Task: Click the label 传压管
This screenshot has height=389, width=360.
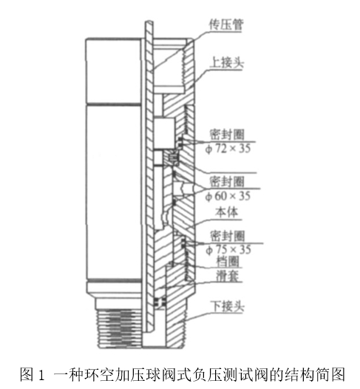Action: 226,24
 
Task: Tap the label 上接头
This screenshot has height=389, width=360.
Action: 226,62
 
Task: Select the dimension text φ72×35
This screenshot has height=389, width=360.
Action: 228,149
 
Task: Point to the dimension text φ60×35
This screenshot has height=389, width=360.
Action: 228,196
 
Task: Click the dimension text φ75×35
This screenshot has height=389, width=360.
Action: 228,249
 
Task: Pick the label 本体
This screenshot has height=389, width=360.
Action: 227,212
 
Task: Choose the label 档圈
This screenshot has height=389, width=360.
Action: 228,261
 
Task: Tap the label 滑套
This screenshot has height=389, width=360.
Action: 228,275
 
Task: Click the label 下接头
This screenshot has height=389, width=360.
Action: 227,306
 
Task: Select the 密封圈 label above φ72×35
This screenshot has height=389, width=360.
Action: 227,135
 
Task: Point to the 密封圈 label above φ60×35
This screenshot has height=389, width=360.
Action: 227,182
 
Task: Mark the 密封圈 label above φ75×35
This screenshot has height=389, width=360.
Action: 228,236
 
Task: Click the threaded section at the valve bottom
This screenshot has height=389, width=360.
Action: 120,328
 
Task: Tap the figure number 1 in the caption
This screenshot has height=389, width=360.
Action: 41,375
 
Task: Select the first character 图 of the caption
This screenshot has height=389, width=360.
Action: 27,374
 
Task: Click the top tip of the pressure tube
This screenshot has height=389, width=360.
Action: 149,21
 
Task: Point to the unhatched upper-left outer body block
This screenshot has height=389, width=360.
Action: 114,71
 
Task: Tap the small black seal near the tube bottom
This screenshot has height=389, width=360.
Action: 160,302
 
